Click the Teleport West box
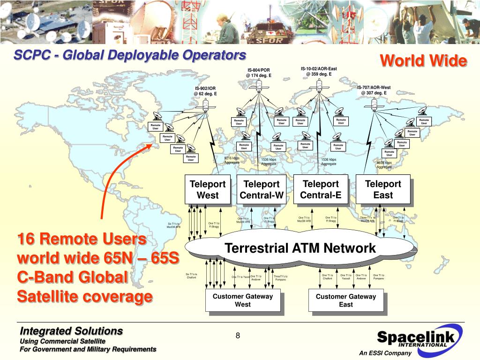(x=207, y=189)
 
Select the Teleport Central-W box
(x=261, y=189)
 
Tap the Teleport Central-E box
(x=321, y=189)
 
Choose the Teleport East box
(x=383, y=189)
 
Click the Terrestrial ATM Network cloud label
(x=300, y=248)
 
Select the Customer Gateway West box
(x=242, y=300)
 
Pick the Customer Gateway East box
(x=345, y=300)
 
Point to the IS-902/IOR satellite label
(x=205, y=91)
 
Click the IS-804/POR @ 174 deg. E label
(x=259, y=73)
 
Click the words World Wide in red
(x=423, y=61)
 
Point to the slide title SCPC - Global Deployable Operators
(x=130, y=55)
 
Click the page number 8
(x=238, y=335)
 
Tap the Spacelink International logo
(x=412, y=337)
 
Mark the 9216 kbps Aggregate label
(x=232, y=160)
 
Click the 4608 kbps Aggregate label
(x=384, y=165)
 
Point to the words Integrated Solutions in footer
(x=71, y=331)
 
